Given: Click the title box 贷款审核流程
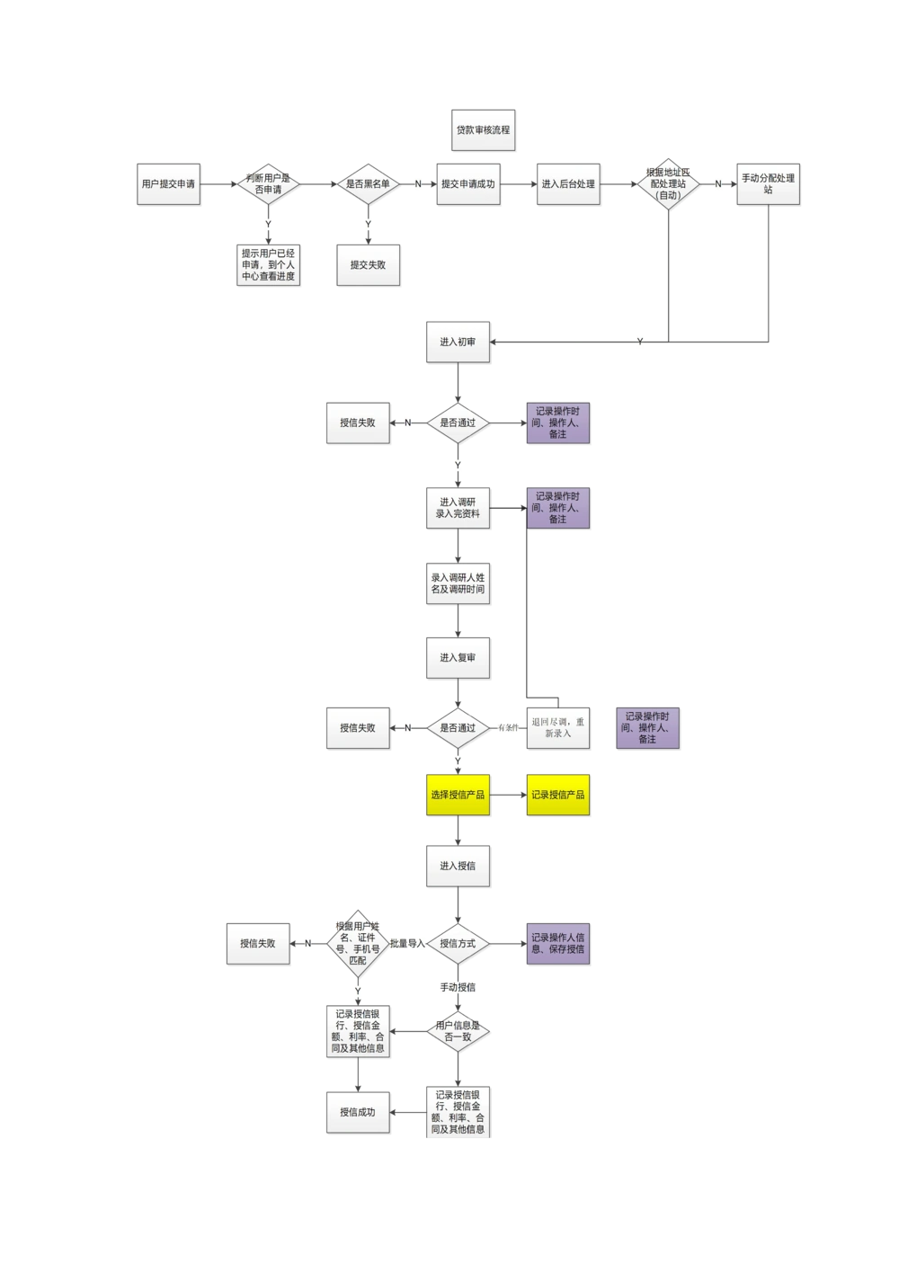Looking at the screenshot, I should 483,130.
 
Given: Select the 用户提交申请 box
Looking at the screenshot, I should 168,184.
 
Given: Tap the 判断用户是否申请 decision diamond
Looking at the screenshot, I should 268,184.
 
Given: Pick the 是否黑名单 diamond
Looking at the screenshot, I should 368,184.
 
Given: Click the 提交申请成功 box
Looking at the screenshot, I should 467,184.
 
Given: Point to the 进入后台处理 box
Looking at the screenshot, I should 568,184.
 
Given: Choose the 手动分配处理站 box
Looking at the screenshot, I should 768,184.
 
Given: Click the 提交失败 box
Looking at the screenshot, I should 368,265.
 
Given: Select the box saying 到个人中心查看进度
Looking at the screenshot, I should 268,265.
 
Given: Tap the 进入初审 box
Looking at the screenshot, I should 458,342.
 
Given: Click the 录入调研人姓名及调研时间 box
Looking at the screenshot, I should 458,583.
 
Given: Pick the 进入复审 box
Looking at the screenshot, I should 458,658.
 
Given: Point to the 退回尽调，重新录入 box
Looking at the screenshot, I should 558,728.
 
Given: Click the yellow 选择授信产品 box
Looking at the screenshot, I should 458,795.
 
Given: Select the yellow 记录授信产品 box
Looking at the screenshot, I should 558,795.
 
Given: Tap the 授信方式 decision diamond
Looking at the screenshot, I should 458,944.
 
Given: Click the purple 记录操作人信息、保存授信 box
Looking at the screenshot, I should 558,944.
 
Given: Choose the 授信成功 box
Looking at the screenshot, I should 358,1113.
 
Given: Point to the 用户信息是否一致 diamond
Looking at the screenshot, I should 458,1032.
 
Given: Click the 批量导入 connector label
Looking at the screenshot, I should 406,944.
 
